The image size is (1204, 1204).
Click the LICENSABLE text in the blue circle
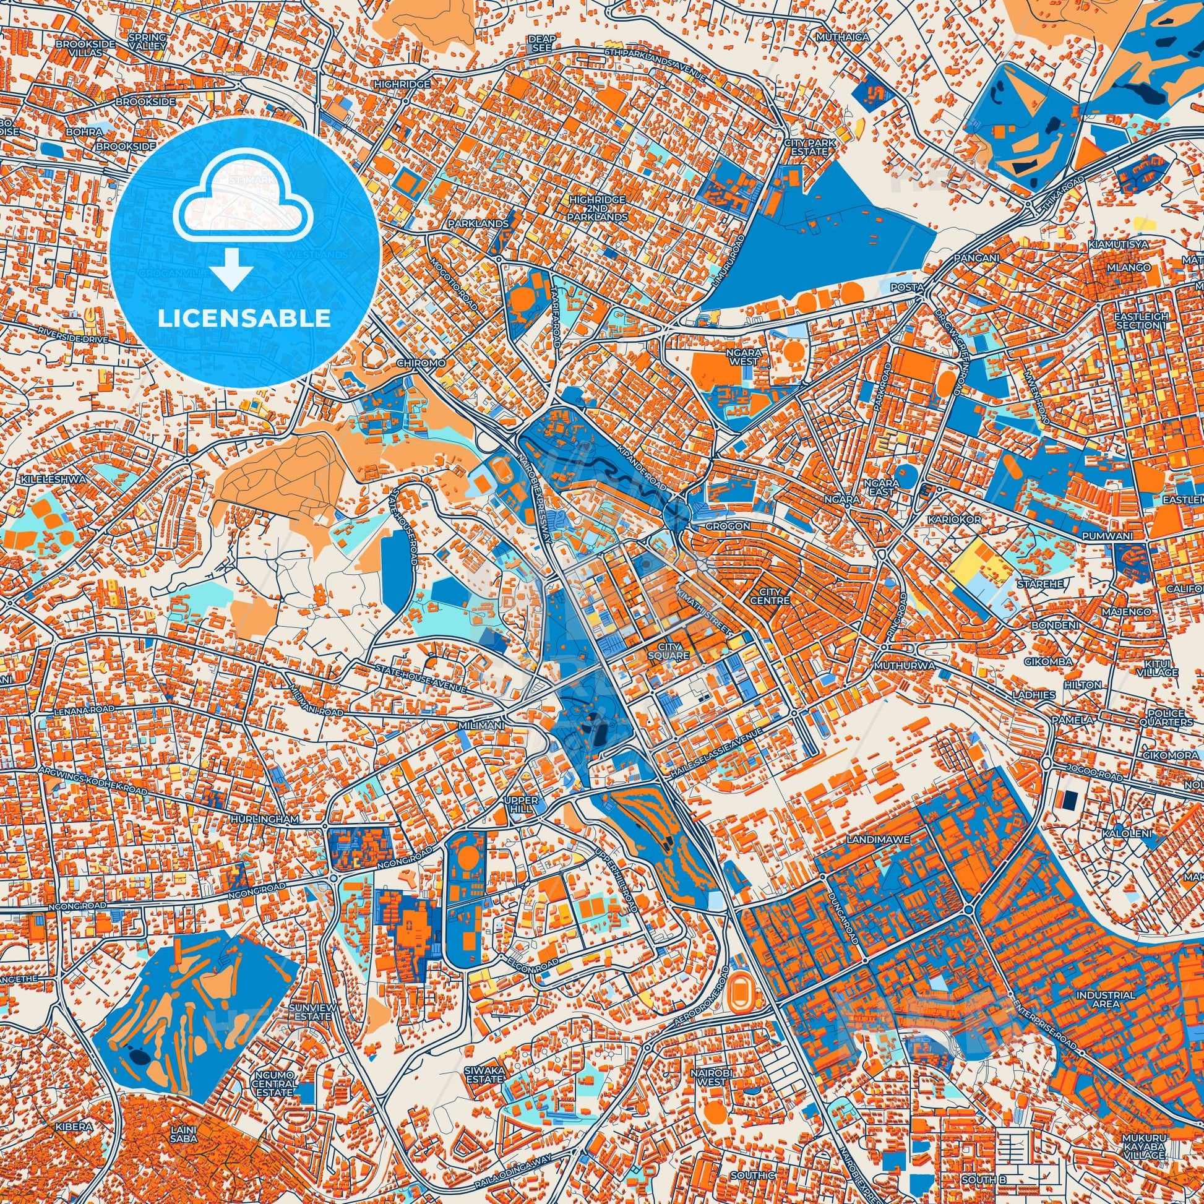(244, 319)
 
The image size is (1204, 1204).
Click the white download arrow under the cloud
(232, 269)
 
